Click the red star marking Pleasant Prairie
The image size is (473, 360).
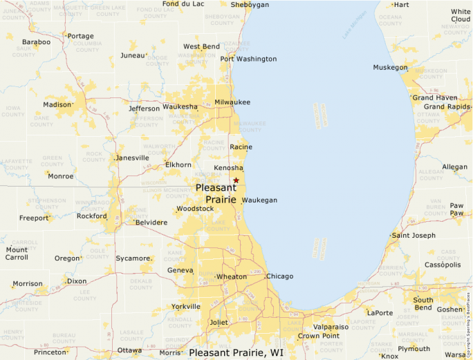pos(236,180)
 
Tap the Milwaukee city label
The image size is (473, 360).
pos(232,102)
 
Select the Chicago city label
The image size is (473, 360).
pos(279,276)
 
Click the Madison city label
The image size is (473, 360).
pos(57,105)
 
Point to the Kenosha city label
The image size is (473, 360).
pos(228,168)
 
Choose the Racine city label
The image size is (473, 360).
pos(241,147)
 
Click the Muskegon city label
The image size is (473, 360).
pos(390,68)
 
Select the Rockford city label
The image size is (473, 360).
pos(92,216)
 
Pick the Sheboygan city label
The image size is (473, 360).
pos(250,5)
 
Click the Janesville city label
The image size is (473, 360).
pos(132,158)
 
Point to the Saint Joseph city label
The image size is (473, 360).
pos(414,236)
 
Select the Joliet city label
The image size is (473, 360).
pos(219,322)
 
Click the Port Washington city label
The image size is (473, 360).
pos(248,59)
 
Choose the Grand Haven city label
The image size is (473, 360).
pos(435,98)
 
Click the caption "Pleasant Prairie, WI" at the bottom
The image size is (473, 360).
pos(236,352)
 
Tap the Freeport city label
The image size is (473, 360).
pos(34,218)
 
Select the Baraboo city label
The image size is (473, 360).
pos(36,42)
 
